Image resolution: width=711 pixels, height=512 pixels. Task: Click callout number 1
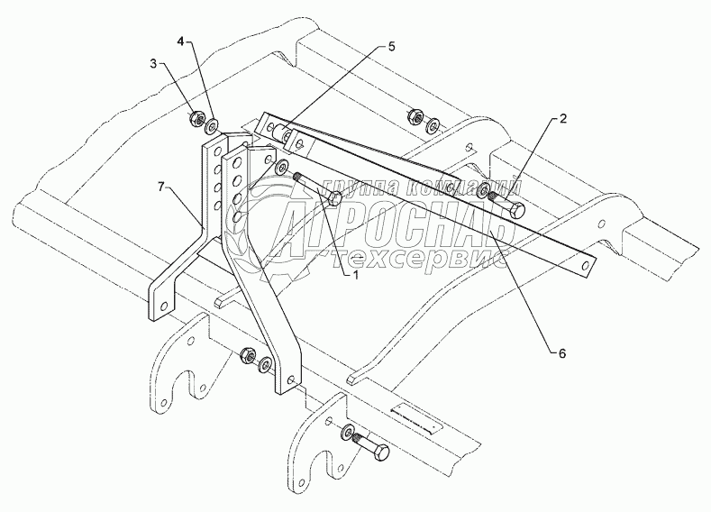353,276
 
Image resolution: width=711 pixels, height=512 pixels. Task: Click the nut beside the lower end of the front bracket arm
248,357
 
